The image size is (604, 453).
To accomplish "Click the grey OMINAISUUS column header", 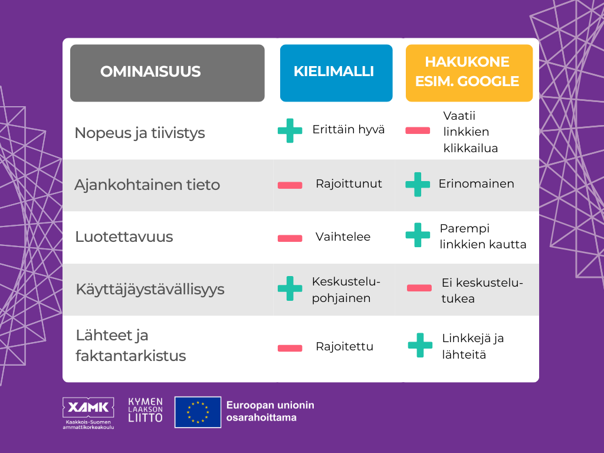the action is (167, 73).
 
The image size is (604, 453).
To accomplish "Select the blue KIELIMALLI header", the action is (336, 73).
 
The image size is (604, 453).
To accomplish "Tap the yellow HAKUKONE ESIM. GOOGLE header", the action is (469, 73).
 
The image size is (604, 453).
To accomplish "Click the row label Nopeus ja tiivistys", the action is (139, 133).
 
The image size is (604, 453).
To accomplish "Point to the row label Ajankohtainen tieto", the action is (147, 185).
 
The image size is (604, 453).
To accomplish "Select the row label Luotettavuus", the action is (124, 237).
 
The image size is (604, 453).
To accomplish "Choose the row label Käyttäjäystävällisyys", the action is (150, 289).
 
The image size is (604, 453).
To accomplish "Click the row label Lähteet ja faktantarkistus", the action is (131, 346).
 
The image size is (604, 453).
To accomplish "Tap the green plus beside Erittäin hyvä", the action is (290, 130).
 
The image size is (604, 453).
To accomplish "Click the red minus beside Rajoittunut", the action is (290, 185).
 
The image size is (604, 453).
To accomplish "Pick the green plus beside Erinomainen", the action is (418, 185).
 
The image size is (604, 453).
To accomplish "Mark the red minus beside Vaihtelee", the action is (290, 238).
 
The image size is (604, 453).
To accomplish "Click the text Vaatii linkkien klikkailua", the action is (471, 132).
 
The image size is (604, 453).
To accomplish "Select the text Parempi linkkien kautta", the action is (483, 236).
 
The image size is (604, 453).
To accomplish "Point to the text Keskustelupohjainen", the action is (346, 290).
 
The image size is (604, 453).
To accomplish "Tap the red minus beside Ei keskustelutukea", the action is (419, 288).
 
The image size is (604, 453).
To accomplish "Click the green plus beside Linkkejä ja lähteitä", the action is (420, 345).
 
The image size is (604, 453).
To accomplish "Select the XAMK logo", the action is (88, 413).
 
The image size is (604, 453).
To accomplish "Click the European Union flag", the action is (198, 412).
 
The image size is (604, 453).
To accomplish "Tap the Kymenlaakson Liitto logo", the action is (145, 411).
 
